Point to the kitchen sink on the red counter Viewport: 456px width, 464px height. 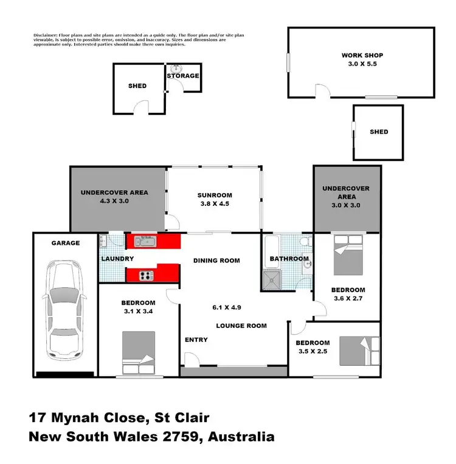[x=145, y=241]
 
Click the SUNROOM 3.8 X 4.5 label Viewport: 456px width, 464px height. [x=215, y=199]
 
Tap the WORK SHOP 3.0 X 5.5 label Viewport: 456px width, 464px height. [x=362, y=60]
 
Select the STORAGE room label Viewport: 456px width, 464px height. [x=184, y=76]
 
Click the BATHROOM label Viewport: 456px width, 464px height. [x=289, y=259]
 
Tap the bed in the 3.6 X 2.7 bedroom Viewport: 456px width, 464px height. [x=348, y=254]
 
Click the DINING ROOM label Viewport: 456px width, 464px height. [x=217, y=261]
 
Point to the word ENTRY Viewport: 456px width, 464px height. [x=196, y=339]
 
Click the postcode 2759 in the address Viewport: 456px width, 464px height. [x=176, y=436]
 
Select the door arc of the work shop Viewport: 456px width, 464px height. [x=323, y=91]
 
